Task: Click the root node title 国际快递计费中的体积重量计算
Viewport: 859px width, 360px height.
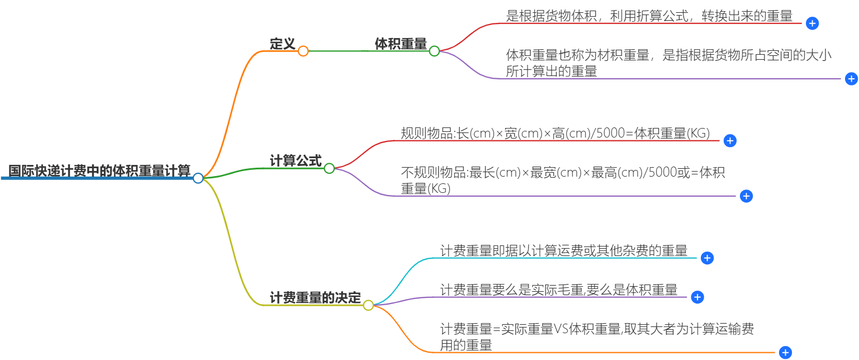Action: tap(99, 170)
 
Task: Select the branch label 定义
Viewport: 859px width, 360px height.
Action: tap(282, 44)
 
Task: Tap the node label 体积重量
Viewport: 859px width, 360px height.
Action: tap(401, 44)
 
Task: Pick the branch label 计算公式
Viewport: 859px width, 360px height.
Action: tap(296, 161)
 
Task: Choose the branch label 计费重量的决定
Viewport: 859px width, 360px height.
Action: tap(315, 298)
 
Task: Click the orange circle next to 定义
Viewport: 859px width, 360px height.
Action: tap(303, 51)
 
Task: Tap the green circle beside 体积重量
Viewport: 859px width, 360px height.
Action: tap(434, 51)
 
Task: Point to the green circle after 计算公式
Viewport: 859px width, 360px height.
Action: tap(329, 168)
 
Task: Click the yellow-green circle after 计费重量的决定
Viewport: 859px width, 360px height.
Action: tap(368, 305)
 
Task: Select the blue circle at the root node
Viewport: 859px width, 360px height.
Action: tap(198, 178)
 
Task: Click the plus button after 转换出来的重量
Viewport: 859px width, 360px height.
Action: tap(813, 23)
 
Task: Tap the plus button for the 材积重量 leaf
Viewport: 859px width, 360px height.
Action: tap(851, 79)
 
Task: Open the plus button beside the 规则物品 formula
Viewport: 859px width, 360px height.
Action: tap(730, 141)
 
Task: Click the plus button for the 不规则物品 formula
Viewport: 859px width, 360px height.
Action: tap(746, 196)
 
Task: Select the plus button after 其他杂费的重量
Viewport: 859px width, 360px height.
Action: tap(707, 258)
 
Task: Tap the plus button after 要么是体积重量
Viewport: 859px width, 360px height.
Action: tap(697, 297)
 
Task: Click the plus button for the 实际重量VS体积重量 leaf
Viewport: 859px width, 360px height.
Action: tap(785, 353)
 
